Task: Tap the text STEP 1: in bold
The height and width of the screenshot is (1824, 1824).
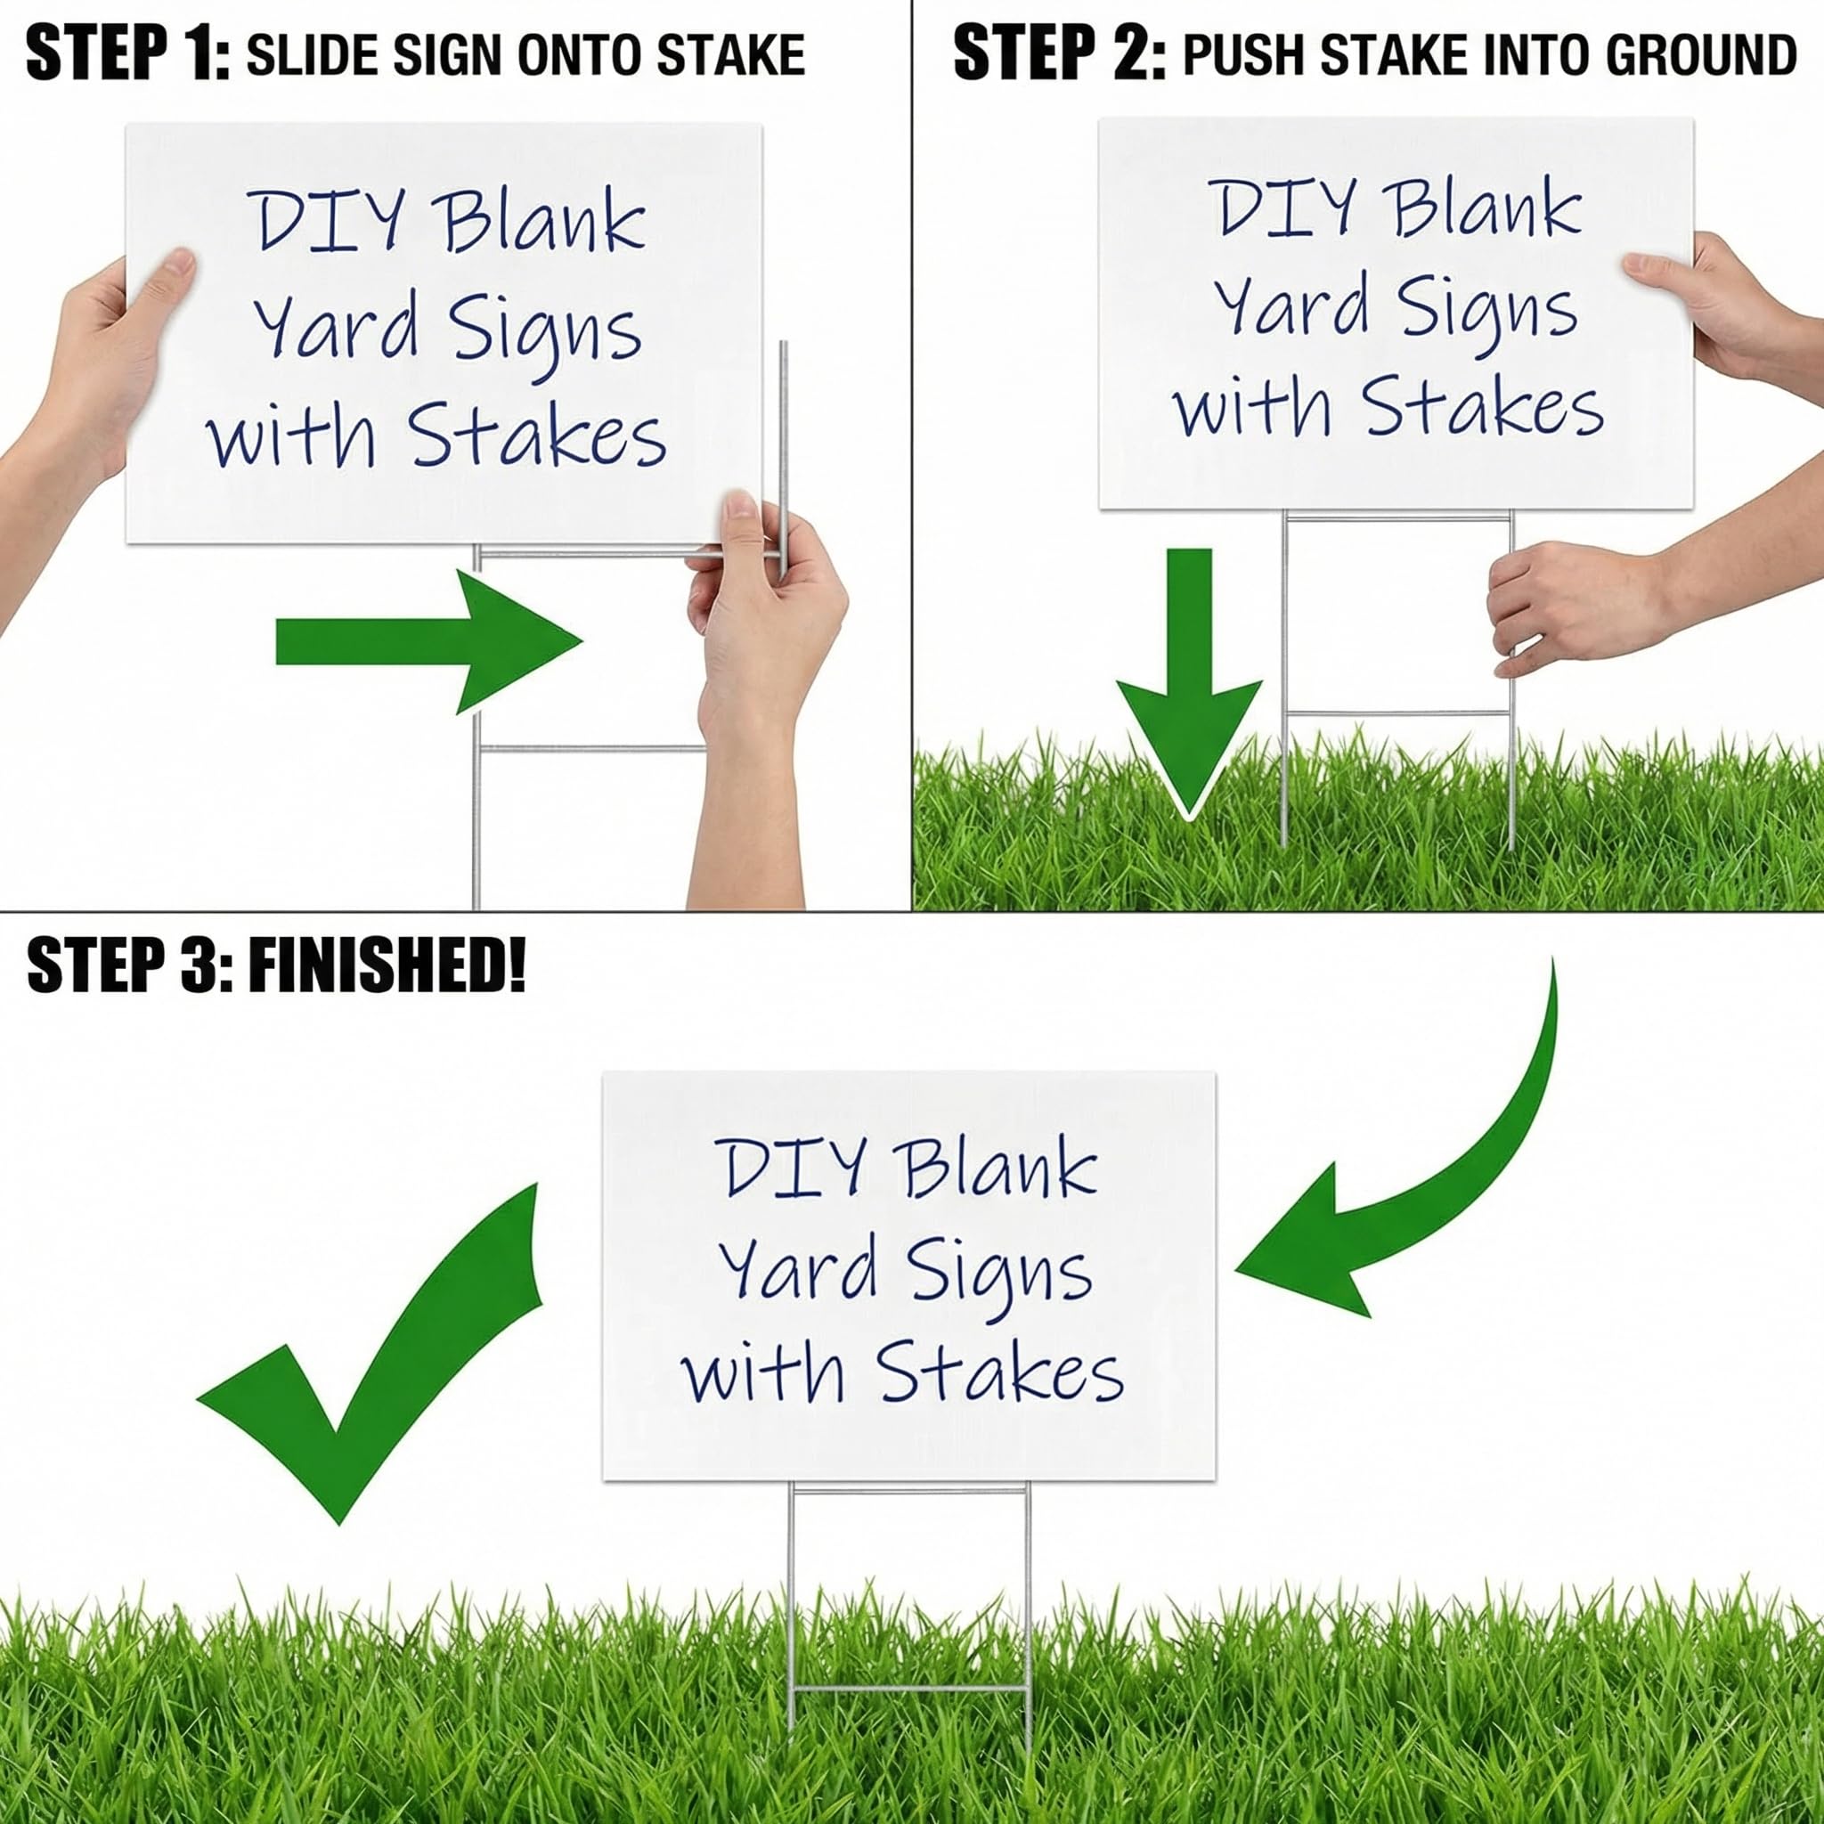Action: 128,54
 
